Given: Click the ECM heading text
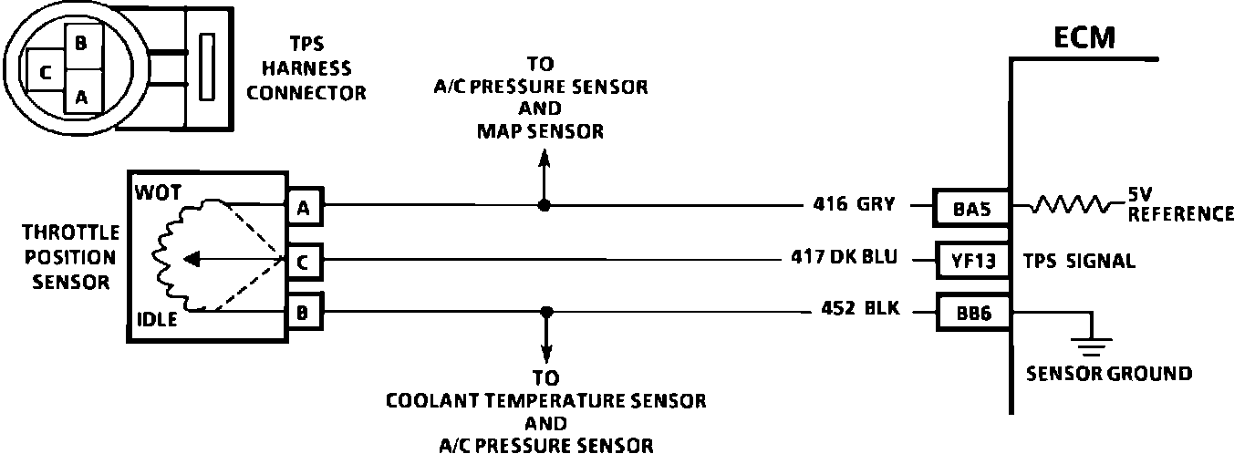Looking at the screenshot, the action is click(1084, 37).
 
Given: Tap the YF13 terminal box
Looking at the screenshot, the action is click(973, 262).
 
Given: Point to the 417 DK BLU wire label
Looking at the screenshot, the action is click(845, 257).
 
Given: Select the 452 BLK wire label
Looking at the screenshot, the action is click(856, 310).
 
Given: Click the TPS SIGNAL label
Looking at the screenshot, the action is click(1080, 262).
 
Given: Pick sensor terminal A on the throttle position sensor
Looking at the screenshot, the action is click(302, 208).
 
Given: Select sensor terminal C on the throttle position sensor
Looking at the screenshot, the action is click(302, 262).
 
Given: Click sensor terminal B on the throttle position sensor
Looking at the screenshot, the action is click(302, 313).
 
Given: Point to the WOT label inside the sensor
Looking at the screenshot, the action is click(158, 192).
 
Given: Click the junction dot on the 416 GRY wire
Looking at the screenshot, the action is click(545, 206).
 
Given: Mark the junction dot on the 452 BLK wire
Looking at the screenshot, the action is click(546, 312).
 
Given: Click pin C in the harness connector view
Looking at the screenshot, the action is click(45, 73).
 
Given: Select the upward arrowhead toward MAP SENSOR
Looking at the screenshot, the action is click(545, 157).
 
